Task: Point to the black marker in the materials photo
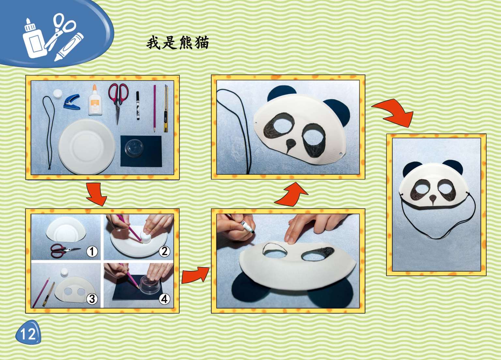click(x=138, y=106)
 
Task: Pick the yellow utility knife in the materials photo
click(x=166, y=108)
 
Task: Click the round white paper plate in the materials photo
click(x=87, y=146)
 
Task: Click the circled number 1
click(x=92, y=252)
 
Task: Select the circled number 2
click(x=164, y=251)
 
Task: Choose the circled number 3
click(x=92, y=299)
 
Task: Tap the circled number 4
click(x=164, y=299)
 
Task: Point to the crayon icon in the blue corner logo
click(x=69, y=47)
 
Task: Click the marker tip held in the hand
click(x=253, y=232)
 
